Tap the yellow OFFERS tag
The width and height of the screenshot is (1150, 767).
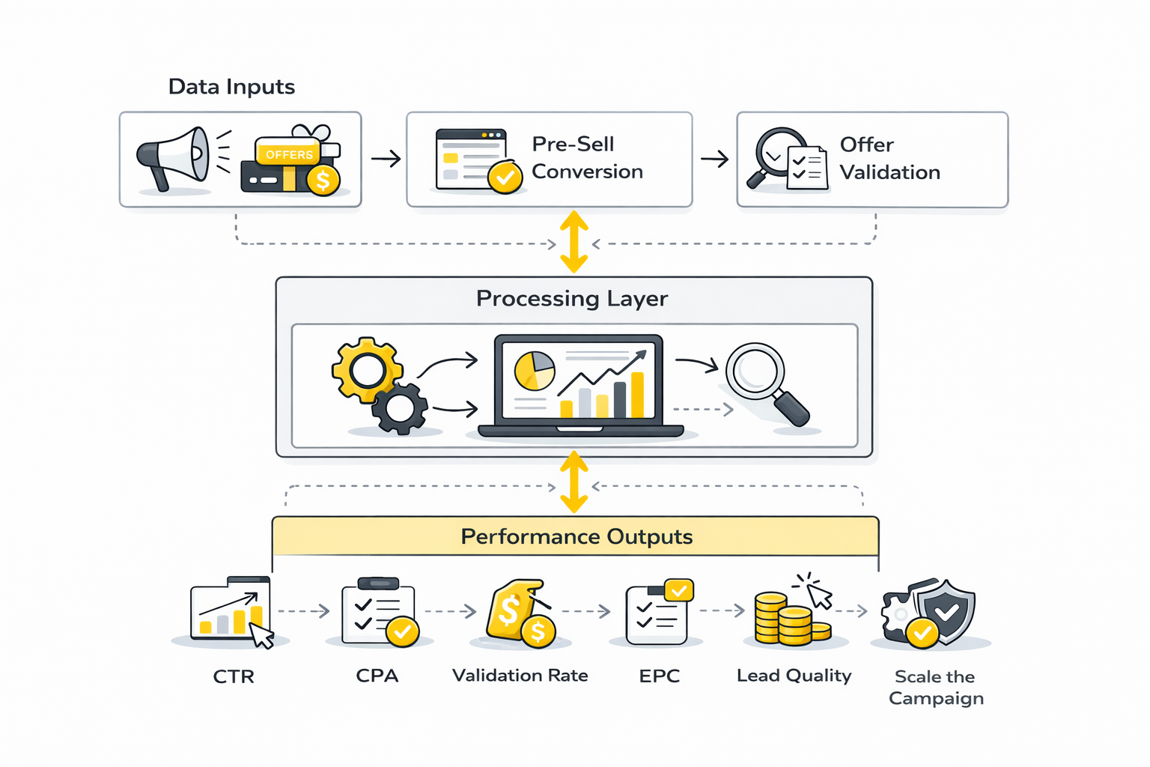pyautogui.click(x=289, y=154)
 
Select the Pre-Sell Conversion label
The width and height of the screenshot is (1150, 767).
pyautogui.click(x=587, y=158)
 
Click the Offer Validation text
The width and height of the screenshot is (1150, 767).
pyautogui.click(x=889, y=158)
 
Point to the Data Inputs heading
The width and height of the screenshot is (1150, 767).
pyautogui.click(x=231, y=87)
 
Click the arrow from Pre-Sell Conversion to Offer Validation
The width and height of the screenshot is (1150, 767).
pyautogui.click(x=715, y=159)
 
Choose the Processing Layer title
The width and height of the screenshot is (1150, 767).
pyautogui.click(x=572, y=299)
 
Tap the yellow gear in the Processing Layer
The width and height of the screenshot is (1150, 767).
pyautogui.click(x=366, y=369)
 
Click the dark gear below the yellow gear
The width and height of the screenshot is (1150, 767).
pyautogui.click(x=401, y=408)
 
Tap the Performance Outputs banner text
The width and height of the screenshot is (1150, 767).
pyautogui.click(x=576, y=537)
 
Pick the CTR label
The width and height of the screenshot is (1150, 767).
pyautogui.click(x=234, y=677)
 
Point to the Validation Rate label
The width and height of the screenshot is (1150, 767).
pyautogui.click(x=520, y=676)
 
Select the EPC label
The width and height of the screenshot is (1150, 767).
pyautogui.click(x=660, y=676)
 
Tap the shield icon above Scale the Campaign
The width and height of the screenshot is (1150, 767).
pyautogui.click(x=945, y=611)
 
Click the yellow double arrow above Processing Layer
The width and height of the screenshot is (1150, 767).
pyautogui.click(x=574, y=242)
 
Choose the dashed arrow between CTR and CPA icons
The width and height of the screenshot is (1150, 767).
pyautogui.click(x=304, y=611)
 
